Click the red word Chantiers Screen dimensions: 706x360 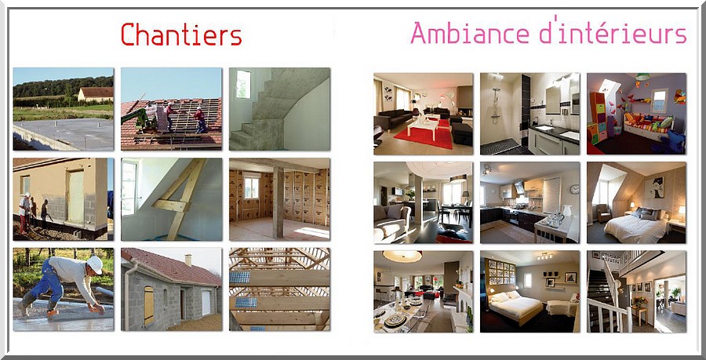[x=181, y=35]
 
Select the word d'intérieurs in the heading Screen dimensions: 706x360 [x=613, y=31]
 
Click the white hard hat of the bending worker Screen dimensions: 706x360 [x=95, y=264]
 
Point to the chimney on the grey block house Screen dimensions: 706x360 [x=188, y=260]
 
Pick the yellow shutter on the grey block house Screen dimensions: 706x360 [x=148, y=306]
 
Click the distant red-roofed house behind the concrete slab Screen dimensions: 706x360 [x=95, y=93]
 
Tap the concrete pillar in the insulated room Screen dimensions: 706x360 [x=278, y=202]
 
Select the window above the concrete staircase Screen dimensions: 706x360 [x=243, y=84]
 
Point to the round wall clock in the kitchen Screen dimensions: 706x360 [x=574, y=189]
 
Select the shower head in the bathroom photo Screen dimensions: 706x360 [x=497, y=89]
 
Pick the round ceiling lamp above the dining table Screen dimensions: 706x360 [x=402, y=256]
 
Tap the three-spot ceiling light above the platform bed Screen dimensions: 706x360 [x=545, y=256]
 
